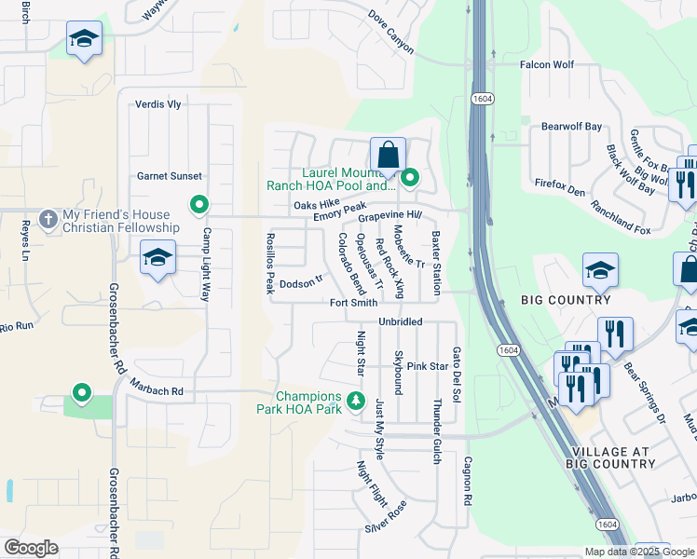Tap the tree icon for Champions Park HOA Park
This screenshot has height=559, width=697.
pyautogui.click(x=354, y=401)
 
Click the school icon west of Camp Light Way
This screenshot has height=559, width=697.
pyautogui.click(x=158, y=258)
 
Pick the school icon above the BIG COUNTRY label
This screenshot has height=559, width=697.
pyautogui.click(x=600, y=271)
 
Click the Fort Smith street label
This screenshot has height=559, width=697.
pyautogui.click(x=353, y=303)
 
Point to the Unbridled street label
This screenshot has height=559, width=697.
pyautogui.click(x=401, y=321)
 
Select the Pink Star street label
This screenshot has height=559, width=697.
pyautogui.click(x=428, y=366)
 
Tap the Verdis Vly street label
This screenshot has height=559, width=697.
pyautogui.click(x=158, y=104)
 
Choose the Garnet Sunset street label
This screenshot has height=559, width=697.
pyautogui.click(x=169, y=176)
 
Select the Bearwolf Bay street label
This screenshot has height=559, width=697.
pyautogui.click(x=572, y=126)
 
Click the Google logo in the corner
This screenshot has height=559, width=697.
pyautogui.click(x=31, y=548)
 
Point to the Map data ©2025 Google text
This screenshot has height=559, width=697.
pyautogui.click(x=637, y=552)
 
